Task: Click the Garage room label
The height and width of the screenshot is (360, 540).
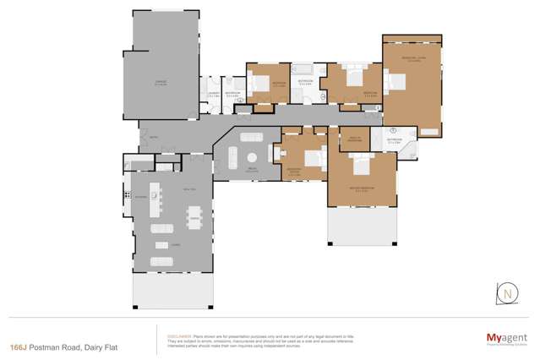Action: pyautogui.click(x=160, y=82)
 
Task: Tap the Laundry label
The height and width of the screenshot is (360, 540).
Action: pyautogui.click(x=213, y=94)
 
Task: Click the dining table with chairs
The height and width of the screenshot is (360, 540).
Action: pyautogui.click(x=194, y=217)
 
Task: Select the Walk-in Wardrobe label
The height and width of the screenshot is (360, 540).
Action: pyautogui.click(x=356, y=139)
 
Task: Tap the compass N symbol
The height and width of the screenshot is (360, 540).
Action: pyautogui.click(x=507, y=294)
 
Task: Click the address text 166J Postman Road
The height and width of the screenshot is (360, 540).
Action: pyautogui.click(x=52, y=346)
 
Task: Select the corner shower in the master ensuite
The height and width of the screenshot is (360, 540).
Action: pyautogui.click(x=409, y=151)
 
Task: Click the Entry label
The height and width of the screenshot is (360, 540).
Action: pyautogui.click(x=153, y=137)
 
